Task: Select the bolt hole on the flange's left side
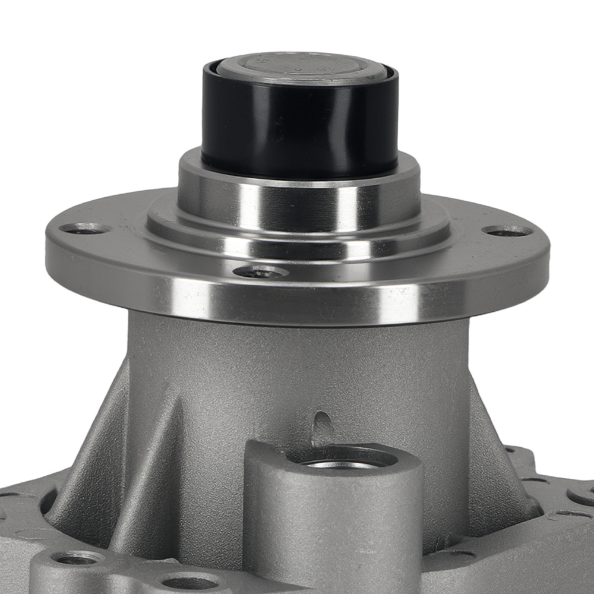pos(84,228)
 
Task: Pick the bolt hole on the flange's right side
pos(507,230)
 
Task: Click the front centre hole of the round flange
pos(261,272)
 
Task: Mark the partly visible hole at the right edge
pos(582,496)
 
